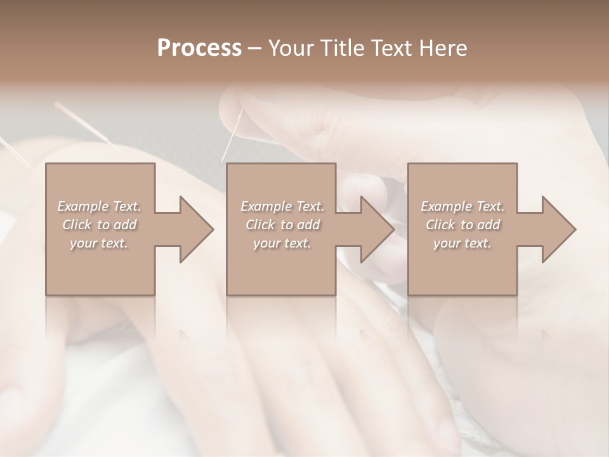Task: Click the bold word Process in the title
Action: pos(199,48)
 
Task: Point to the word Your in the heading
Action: pos(292,48)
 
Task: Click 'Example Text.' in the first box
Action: pos(99,206)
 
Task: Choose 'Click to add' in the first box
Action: pos(99,225)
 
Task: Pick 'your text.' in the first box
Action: pos(99,243)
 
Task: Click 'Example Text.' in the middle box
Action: pos(282,206)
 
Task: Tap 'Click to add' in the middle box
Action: pos(282,225)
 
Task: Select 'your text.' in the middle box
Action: pos(282,243)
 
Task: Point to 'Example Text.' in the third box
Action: pos(462,206)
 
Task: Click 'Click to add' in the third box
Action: pos(462,225)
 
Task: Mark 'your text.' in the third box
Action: pos(462,243)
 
